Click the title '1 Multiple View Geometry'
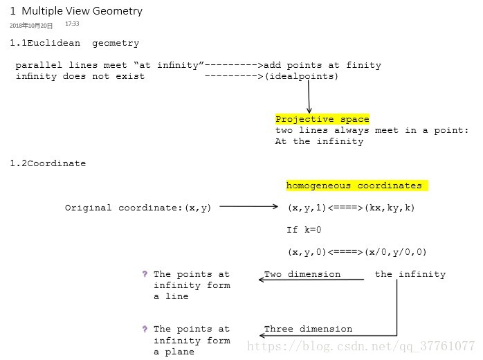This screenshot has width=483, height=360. point(76,11)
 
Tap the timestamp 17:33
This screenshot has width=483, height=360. point(72,24)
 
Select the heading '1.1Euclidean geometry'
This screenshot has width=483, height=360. point(74,43)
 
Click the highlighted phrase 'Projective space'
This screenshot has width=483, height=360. point(322,119)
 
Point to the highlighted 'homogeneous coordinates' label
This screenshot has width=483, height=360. point(354,186)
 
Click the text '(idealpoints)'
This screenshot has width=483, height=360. point(302,76)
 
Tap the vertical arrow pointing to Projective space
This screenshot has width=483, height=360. point(309,97)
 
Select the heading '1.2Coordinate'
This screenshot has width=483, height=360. point(48,163)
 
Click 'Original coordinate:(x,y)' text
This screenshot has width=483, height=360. point(138,208)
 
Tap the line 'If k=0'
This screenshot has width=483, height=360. point(304,230)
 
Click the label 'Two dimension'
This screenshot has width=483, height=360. point(302,274)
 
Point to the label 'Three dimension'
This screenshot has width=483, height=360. point(308,329)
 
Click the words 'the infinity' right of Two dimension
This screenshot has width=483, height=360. point(410,274)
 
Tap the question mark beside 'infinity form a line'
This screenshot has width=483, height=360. point(145,274)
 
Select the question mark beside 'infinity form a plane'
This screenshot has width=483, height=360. point(145,329)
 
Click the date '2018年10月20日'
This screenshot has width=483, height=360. point(31,25)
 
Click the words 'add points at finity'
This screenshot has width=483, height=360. point(322,65)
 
